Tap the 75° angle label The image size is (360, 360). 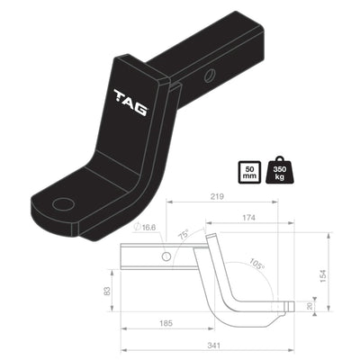(183, 238)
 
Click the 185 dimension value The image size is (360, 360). (165, 320)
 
